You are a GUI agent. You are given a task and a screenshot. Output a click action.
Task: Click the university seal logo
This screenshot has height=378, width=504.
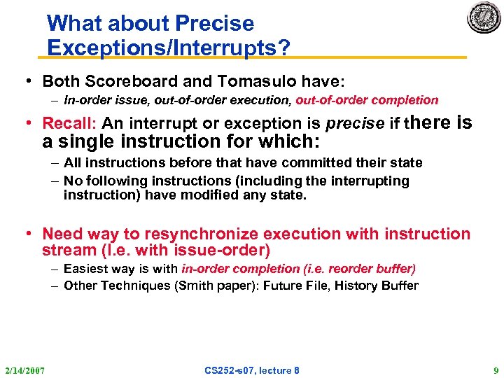[484, 18]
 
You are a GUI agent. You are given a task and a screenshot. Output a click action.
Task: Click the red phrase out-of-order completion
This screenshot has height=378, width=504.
[367, 100]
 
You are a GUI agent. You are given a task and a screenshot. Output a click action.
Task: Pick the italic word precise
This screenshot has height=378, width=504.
[355, 124]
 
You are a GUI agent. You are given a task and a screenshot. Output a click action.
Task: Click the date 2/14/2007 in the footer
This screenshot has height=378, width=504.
[24, 370]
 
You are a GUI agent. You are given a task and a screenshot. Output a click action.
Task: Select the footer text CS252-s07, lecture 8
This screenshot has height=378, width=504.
[251, 370]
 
